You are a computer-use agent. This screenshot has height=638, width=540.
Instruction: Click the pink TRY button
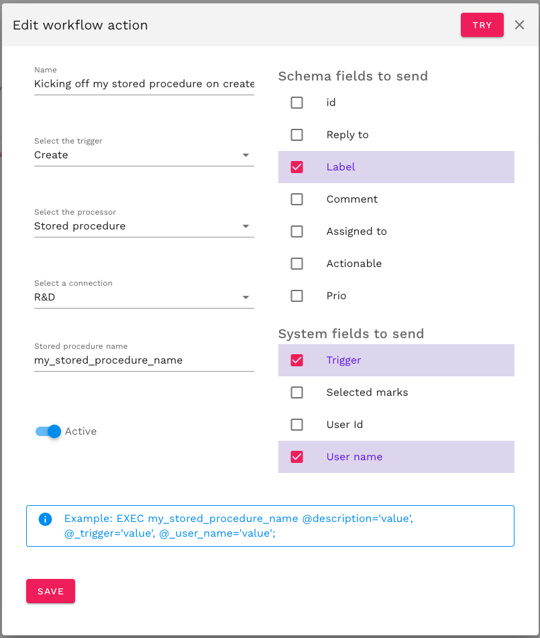(482, 25)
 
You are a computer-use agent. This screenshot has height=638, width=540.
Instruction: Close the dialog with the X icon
(519, 25)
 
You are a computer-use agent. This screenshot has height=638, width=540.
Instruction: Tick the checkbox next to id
(296, 103)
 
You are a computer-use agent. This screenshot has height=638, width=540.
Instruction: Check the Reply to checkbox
(296, 135)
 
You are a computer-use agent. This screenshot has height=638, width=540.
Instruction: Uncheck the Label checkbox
(296, 167)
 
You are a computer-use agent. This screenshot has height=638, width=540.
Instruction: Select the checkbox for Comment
(296, 199)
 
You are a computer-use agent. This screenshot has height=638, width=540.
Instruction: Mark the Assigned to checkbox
(296, 231)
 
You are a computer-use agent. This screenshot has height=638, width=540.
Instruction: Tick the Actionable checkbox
(296, 264)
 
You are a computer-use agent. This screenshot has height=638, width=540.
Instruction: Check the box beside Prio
(296, 296)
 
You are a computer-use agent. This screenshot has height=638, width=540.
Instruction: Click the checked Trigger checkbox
(296, 360)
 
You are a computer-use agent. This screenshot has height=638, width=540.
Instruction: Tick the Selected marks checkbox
(296, 392)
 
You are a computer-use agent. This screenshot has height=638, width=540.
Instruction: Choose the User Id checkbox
(296, 425)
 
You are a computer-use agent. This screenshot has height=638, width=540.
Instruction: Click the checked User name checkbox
(296, 457)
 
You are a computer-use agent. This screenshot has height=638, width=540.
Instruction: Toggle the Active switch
(49, 431)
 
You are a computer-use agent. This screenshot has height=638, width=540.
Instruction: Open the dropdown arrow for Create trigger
(246, 155)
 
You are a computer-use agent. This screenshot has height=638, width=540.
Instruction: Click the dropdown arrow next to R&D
(246, 297)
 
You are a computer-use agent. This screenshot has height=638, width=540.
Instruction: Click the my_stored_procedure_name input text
(109, 360)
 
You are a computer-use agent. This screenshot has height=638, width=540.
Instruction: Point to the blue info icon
(46, 519)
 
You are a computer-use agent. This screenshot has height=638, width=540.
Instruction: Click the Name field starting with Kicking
(144, 84)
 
